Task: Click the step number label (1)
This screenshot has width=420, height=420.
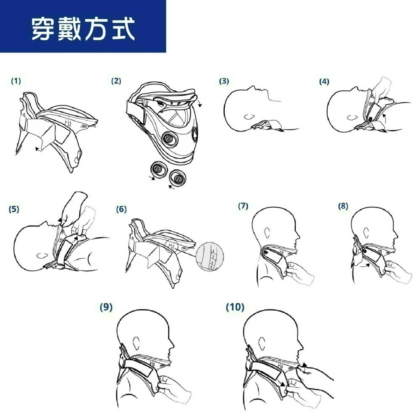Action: point(16,81)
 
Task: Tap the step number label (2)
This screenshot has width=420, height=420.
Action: point(116,81)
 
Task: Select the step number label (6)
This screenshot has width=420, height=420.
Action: point(121,209)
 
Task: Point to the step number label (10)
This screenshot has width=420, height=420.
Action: point(235,307)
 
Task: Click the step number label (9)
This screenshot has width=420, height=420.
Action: point(106,307)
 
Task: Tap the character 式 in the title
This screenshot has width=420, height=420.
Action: point(122,28)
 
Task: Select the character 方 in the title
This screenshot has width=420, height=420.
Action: point(96,28)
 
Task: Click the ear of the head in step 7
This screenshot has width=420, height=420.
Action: point(268,232)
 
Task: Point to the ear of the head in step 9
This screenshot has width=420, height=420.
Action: point(136,343)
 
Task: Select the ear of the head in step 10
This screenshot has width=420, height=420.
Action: point(265,343)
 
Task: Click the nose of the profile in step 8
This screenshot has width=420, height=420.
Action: point(397,232)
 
